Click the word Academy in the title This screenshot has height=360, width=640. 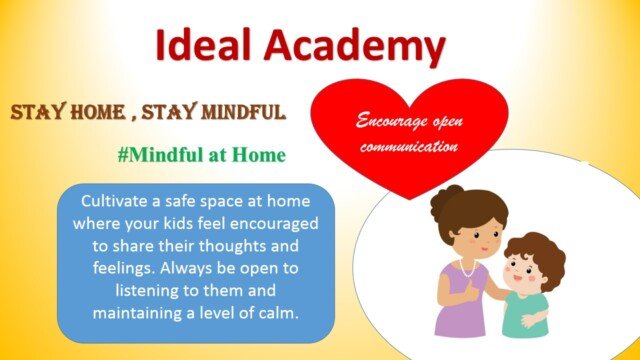point(354,47)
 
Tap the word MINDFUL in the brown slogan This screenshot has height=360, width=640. point(243,112)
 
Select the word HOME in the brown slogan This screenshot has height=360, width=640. point(97,112)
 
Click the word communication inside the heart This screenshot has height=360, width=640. point(409,146)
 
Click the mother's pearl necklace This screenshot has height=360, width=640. point(468,269)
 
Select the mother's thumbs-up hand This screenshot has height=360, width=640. point(471,290)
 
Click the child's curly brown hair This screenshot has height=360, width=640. point(538,255)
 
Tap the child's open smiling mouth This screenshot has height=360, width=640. point(517,279)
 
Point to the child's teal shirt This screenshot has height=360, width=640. point(524,314)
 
